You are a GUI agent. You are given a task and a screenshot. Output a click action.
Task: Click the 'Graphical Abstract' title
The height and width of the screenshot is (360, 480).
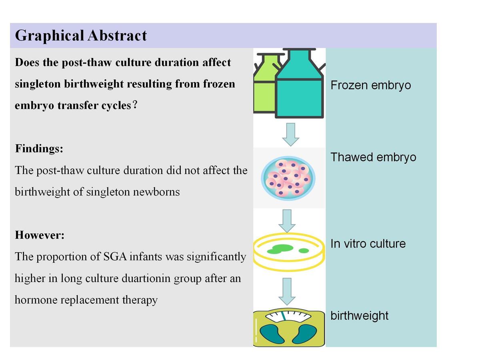point(81,36)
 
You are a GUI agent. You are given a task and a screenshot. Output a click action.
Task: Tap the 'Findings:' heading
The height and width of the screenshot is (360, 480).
point(39,149)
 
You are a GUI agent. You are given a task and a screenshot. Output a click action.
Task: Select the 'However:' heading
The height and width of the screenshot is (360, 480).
point(40,235)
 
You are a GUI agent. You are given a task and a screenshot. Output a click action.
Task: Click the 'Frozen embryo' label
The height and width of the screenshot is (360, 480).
point(371,85)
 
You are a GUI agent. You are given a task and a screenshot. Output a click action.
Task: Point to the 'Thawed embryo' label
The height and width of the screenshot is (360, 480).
point(373,157)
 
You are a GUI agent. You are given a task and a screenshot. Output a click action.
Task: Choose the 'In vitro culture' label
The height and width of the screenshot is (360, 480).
point(368,244)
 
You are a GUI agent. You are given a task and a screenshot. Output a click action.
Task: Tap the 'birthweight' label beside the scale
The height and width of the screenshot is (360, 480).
point(360,316)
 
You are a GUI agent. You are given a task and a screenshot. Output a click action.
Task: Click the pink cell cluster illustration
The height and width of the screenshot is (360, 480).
point(288,178)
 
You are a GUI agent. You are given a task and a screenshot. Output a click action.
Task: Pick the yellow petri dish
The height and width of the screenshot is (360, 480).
point(289,252)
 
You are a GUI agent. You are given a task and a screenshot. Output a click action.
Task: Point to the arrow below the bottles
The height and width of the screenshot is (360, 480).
point(291,135)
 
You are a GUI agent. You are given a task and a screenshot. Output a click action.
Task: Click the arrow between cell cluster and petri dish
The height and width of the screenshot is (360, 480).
point(287,221)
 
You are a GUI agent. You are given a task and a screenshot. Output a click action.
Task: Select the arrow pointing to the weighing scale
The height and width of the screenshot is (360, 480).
point(287,292)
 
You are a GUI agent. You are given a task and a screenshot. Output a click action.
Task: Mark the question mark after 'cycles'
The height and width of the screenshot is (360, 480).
point(135,105)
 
